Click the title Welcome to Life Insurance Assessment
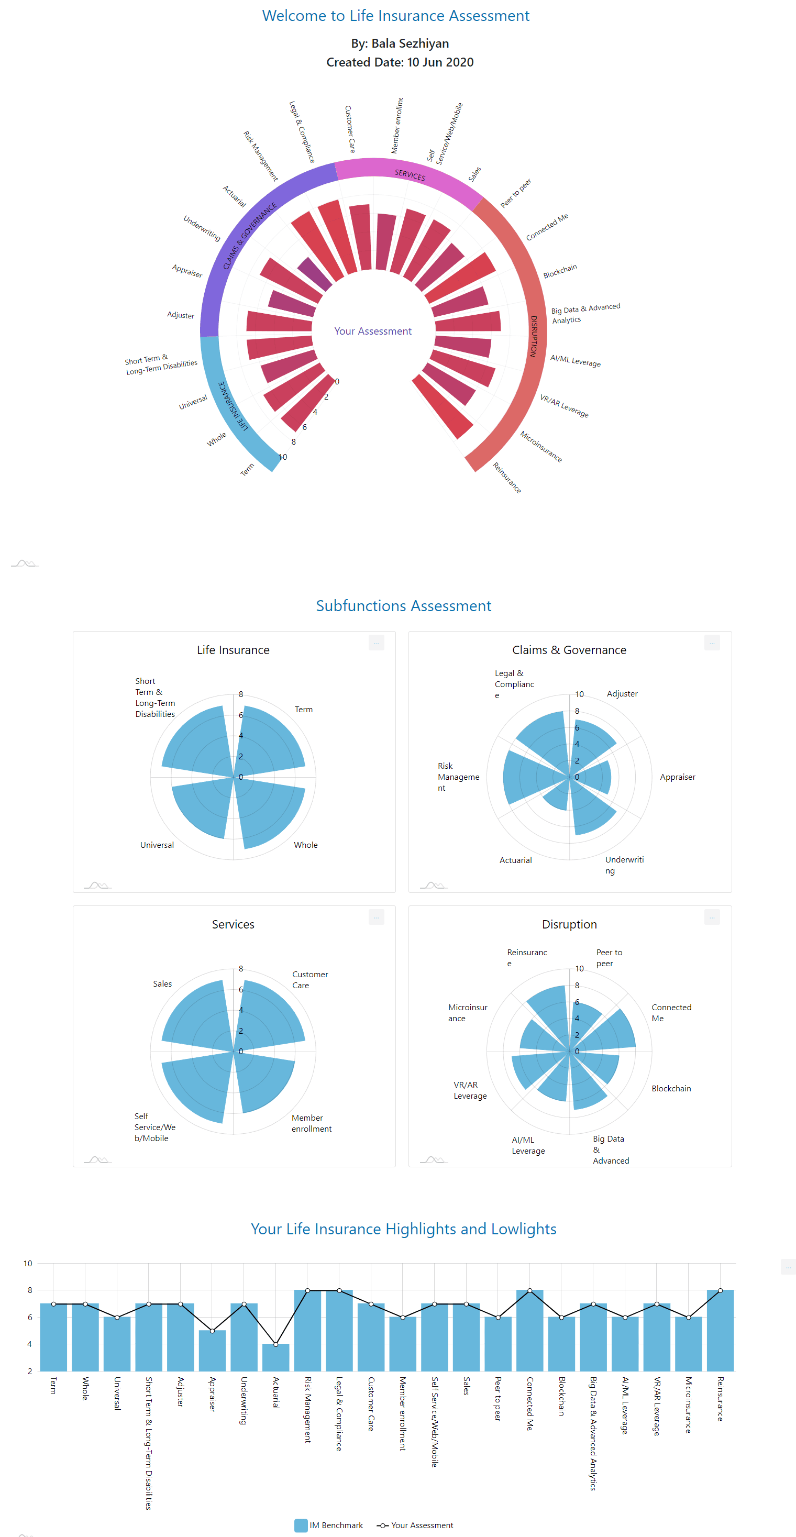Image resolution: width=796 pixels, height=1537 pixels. [x=395, y=16]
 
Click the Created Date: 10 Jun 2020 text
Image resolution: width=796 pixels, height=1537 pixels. [x=399, y=62]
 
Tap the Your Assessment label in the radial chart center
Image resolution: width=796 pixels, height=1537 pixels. [x=372, y=331]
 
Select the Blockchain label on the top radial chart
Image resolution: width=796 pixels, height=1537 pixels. [x=560, y=271]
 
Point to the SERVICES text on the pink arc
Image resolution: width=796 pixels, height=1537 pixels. [x=410, y=174]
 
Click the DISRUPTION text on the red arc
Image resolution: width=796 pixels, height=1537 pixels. [x=534, y=336]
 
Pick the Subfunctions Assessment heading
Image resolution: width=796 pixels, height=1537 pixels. [x=403, y=605]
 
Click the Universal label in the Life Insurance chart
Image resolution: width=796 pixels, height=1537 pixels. [x=157, y=845]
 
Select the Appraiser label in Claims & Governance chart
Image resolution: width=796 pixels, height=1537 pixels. [x=677, y=777]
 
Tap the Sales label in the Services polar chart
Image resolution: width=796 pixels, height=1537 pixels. [x=162, y=984]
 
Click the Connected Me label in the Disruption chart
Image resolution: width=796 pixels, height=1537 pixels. [x=671, y=1012]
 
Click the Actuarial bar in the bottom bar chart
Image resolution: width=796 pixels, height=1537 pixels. [x=275, y=1358]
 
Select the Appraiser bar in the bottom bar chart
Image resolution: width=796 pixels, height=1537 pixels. [x=212, y=1352]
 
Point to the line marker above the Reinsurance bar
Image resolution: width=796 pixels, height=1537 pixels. [x=720, y=1290]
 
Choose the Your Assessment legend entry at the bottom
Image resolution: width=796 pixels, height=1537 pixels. [x=415, y=1525]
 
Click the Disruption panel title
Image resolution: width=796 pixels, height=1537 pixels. [x=569, y=924]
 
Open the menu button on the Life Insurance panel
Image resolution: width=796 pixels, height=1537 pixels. [x=376, y=643]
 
